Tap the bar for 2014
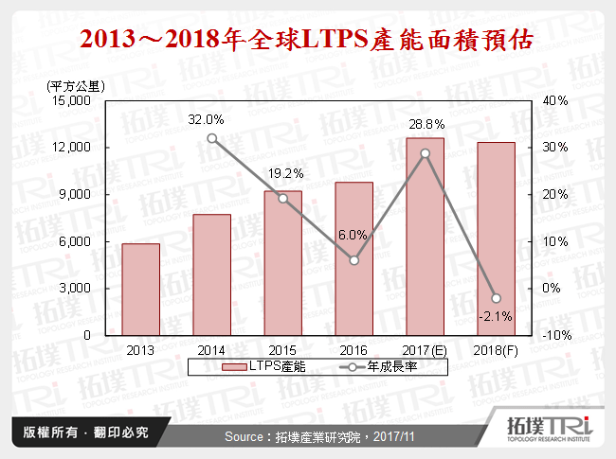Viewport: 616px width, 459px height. coord(212,274)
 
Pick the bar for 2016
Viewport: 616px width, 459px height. coord(353,258)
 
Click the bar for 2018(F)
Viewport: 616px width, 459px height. coord(496,238)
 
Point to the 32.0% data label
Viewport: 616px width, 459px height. coord(207,120)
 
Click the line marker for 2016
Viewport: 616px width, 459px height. coord(353,260)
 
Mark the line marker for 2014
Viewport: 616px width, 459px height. coord(212,138)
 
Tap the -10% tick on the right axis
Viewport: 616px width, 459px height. coord(556,335)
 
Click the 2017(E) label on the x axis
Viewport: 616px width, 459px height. coord(425,349)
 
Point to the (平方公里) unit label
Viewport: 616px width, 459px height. coord(76,86)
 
